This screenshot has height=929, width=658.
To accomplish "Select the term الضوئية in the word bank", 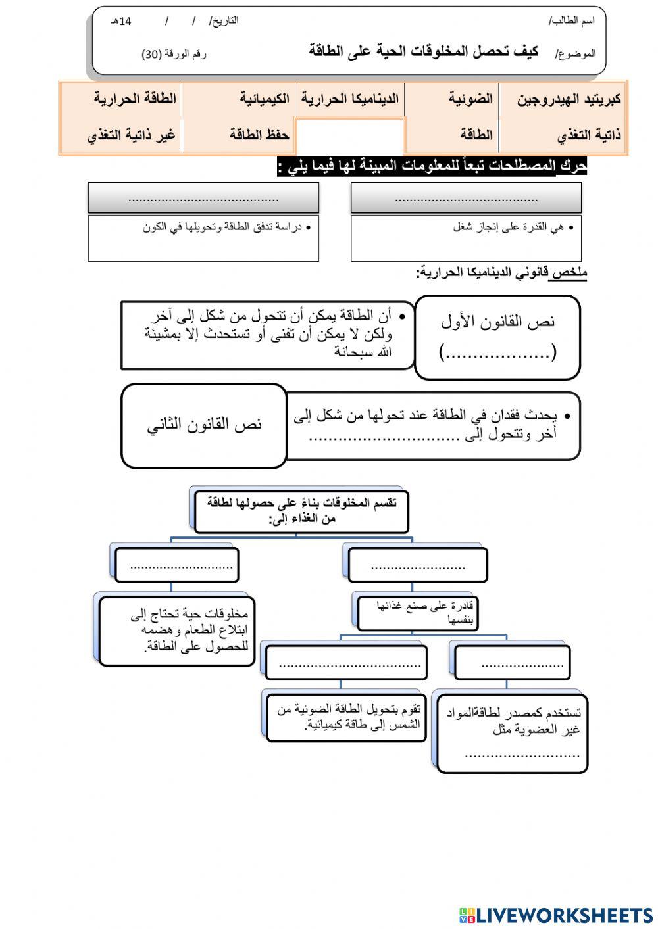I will click(x=470, y=99).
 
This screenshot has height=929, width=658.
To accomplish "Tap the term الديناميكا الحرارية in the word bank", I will click(x=350, y=99).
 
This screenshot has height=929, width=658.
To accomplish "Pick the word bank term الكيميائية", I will click(x=265, y=99).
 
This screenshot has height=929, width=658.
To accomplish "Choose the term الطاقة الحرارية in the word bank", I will click(x=135, y=99).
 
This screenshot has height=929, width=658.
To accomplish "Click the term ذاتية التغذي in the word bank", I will click(x=589, y=135).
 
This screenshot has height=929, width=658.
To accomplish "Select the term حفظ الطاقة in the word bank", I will click(x=259, y=135).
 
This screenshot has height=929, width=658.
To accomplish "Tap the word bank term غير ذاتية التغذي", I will click(x=132, y=135).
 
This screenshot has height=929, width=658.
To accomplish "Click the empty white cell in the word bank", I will click(x=350, y=136).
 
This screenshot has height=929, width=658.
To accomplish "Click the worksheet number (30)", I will click(x=174, y=55).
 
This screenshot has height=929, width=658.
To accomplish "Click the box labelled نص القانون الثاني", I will click(x=205, y=425).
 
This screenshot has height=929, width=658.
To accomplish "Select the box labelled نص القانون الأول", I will click(x=497, y=337).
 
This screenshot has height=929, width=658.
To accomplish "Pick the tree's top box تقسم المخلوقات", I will click(x=301, y=511).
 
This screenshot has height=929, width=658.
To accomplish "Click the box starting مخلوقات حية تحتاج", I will click(x=177, y=630).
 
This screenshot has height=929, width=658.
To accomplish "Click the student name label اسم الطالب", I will click(x=572, y=20).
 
